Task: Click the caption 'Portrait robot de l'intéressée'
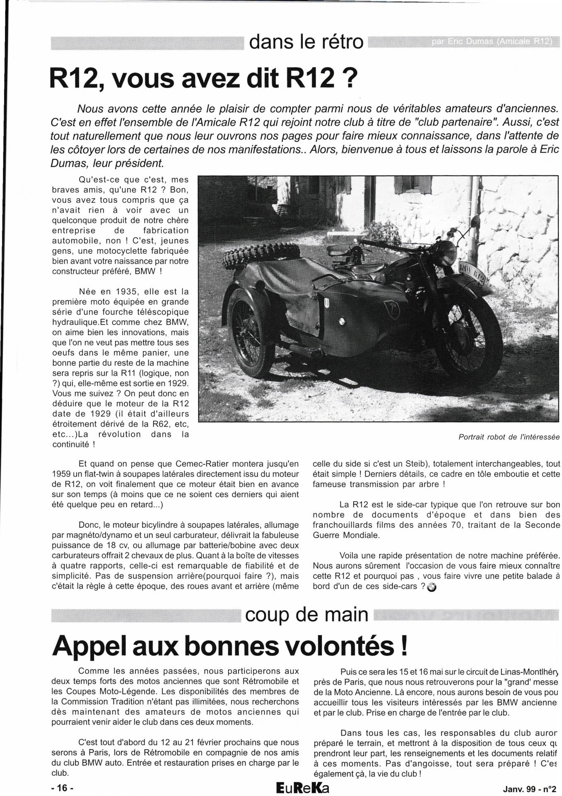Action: (x=509, y=437)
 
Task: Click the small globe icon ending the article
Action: (x=431, y=587)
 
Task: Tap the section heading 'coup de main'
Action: (x=306, y=614)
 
